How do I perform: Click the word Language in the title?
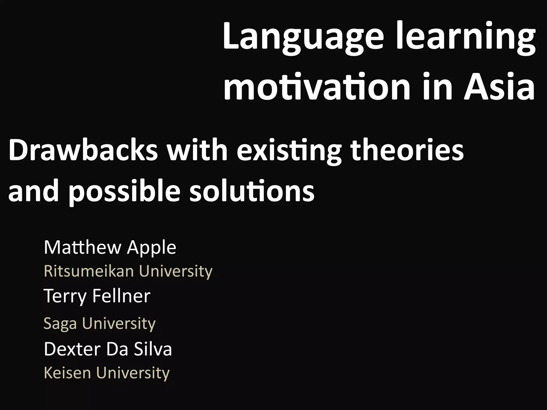[x=303, y=37]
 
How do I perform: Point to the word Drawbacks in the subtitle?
[x=83, y=151]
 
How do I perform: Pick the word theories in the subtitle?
[x=407, y=151]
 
